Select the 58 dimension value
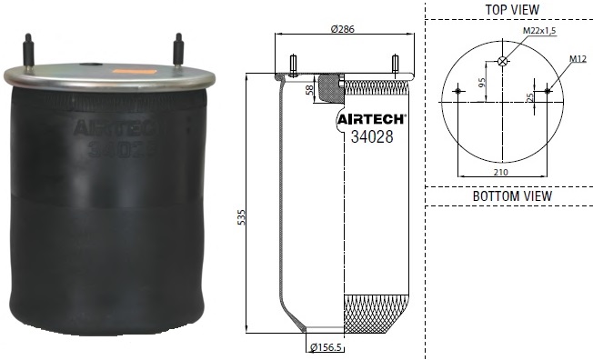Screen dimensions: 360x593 tap(311, 90)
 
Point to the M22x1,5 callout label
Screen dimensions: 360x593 tap(538, 32)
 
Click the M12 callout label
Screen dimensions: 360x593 tap(577, 59)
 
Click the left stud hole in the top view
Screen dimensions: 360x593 tap(457, 90)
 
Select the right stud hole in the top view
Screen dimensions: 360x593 tap(548, 90)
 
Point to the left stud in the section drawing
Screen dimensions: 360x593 tap(293, 64)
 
